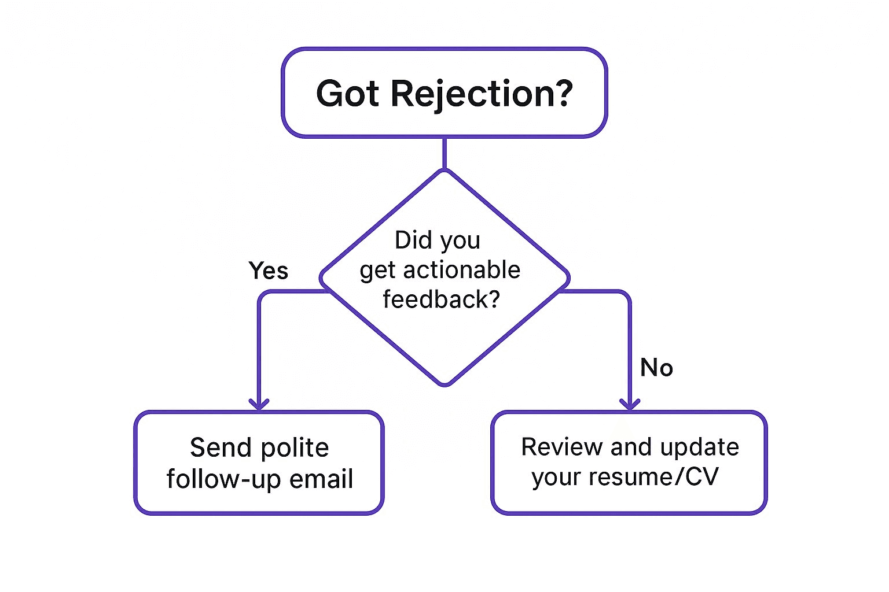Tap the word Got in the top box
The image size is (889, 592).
pyautogui.click(x=347, y=94)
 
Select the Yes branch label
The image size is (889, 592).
pyautogui.click(x=269, y=271)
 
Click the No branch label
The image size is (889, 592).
pyautogui.click(x=657, y=367)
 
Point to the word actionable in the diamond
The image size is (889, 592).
pyautogui.click(x=462, y=270)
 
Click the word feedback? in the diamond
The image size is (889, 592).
pyautogui.click(x=442, y=299)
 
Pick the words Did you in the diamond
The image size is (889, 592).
pyautogui.click(x=438, y=241)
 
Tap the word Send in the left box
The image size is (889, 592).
pyautogui.click(x=221, y=447)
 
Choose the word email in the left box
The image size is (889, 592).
pyautogui.click(x=321, y=479)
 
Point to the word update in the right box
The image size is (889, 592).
pyautogui.click(x=700, y=448)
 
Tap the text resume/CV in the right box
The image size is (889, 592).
pyautogui.click(x=653, y=476)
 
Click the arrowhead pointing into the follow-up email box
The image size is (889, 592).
pyautogui.click(x=259, y=405)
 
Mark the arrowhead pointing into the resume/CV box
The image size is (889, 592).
pyautogui.click(x=630, y=405)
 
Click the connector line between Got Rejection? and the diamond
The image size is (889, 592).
pyautogui.click(x=444, y=153)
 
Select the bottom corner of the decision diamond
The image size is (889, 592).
pyautogui.click(x=445, y=385)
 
